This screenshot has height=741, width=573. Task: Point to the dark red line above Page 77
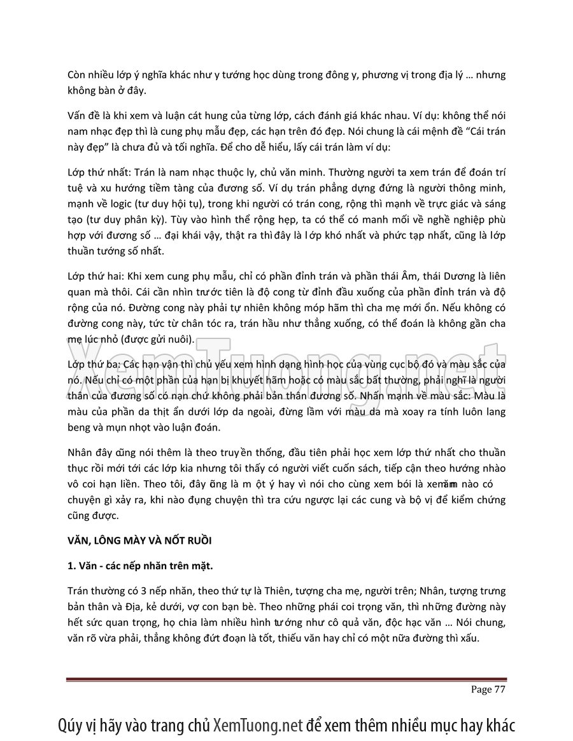286,680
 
